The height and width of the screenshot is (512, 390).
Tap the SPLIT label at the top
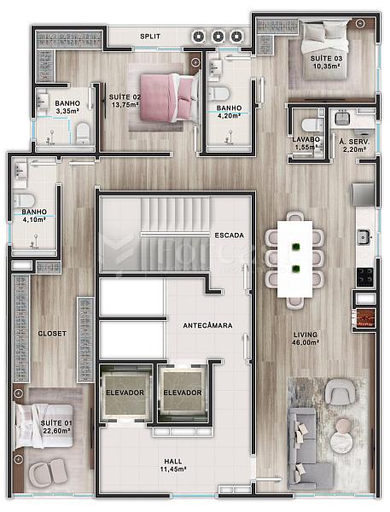pyautogui.click(x=150, y=36)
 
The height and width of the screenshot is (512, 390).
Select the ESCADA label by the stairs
pyautogui.click(x=229, y=236)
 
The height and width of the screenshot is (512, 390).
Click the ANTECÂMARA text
pyautogui.click(x=207, y=325)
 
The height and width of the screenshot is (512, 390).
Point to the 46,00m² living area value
pyautogui.click(x=306, y=342)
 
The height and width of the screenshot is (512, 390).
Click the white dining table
pyautogui.click(x=294, y=259)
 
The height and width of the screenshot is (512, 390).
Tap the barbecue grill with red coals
pyautogui.click(x=364, y=317)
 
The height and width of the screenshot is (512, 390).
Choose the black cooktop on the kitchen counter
pyautogui.click(x=365, y=276)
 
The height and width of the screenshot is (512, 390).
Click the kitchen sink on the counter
pyautogui.click(x=364, y=237)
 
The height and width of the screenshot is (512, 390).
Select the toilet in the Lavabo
pyautogui.click(x=312, y=125)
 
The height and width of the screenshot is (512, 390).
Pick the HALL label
pyautogui.click(x=173, y=461)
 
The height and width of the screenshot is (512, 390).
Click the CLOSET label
pyautogui.click(x=52, y=334)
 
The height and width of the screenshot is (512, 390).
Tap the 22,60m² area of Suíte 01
pyautogui.click(x=56, y=431)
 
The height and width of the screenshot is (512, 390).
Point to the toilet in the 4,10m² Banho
pyautogui.click(x=24, y=201)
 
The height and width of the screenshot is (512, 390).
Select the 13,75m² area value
pyautogui.click(x=125, y=105)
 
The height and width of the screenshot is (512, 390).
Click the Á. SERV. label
pyautogui.click(x=354, y=142)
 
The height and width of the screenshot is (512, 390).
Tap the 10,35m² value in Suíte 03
pyautogui.click(x=327, y=66)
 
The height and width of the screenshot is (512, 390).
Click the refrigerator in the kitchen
pyautogui.click(x=364, y=195)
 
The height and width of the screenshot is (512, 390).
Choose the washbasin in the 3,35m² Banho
pyautogui.click(x=43, y=101)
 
